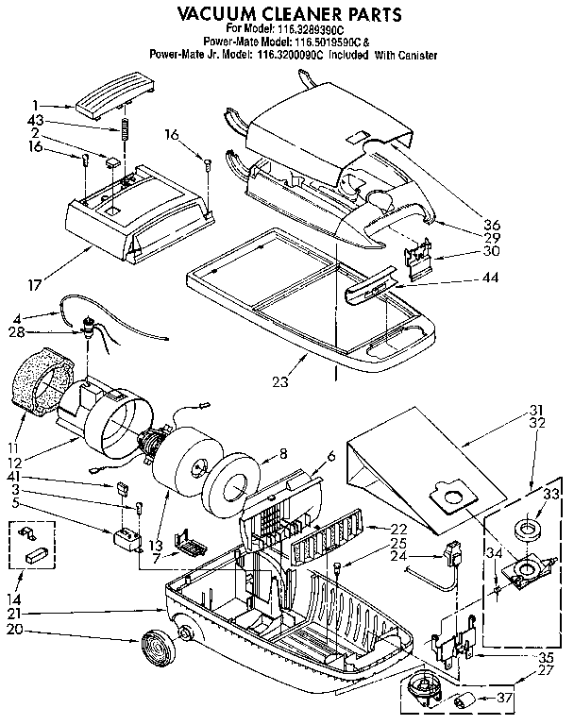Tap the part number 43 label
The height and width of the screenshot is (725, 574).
coord(36,120)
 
